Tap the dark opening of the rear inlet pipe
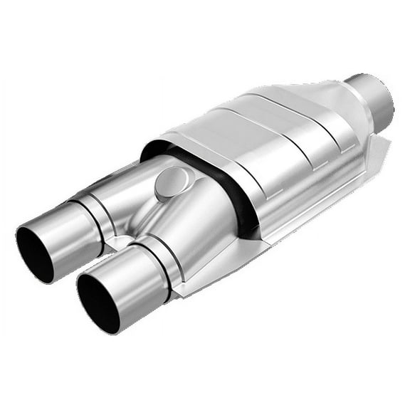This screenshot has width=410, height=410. [x=35, y=253]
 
